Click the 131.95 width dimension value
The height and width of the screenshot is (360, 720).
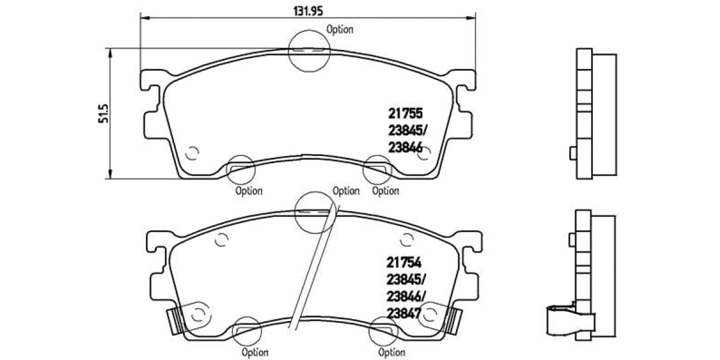307,10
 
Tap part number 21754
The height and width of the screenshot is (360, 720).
404,262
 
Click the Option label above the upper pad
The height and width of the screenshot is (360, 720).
340,29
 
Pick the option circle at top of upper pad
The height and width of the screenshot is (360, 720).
309,51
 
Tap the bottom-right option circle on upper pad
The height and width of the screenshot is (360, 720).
378,169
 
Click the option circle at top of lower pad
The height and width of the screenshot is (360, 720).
315,211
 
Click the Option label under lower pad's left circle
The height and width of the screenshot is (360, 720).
255,352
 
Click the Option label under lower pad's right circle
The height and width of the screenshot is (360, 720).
392,352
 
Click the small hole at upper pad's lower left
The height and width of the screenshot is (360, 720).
192,154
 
